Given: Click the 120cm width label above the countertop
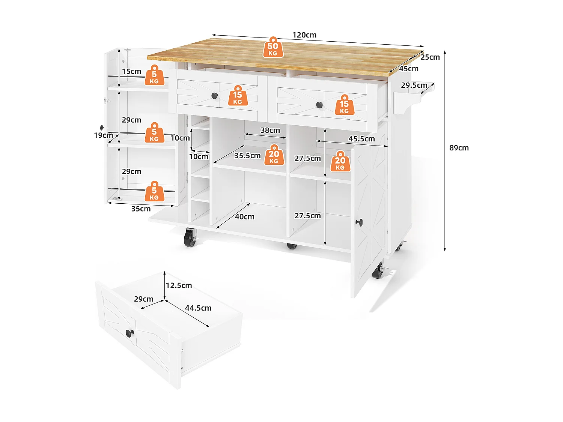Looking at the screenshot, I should [304, 35].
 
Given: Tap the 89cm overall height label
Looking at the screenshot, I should [459, 148].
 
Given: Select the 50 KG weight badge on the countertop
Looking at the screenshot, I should [273, 48].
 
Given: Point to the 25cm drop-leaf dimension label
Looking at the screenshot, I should [430, 57].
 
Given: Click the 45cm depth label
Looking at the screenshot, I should [408, 69].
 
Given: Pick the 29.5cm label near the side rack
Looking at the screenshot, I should [414, 85].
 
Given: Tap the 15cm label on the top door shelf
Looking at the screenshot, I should [131, 71].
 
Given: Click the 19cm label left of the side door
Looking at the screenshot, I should [103, 135].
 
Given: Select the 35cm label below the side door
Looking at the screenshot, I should [141, 209].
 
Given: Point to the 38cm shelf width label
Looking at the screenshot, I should [270, 130].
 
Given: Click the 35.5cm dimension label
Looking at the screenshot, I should [247, 155].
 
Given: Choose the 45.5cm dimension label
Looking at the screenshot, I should [361, 139].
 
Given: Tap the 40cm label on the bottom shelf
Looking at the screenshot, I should [245, 217].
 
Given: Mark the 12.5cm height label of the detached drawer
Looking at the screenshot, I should [179, 285].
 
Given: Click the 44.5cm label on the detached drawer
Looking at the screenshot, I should [198, 308].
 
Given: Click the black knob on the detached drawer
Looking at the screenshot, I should [129, 333].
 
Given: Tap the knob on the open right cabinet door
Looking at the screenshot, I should [359, 222].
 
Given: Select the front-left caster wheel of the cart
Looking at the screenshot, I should [190, 239].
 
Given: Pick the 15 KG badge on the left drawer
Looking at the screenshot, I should [238, 96].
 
